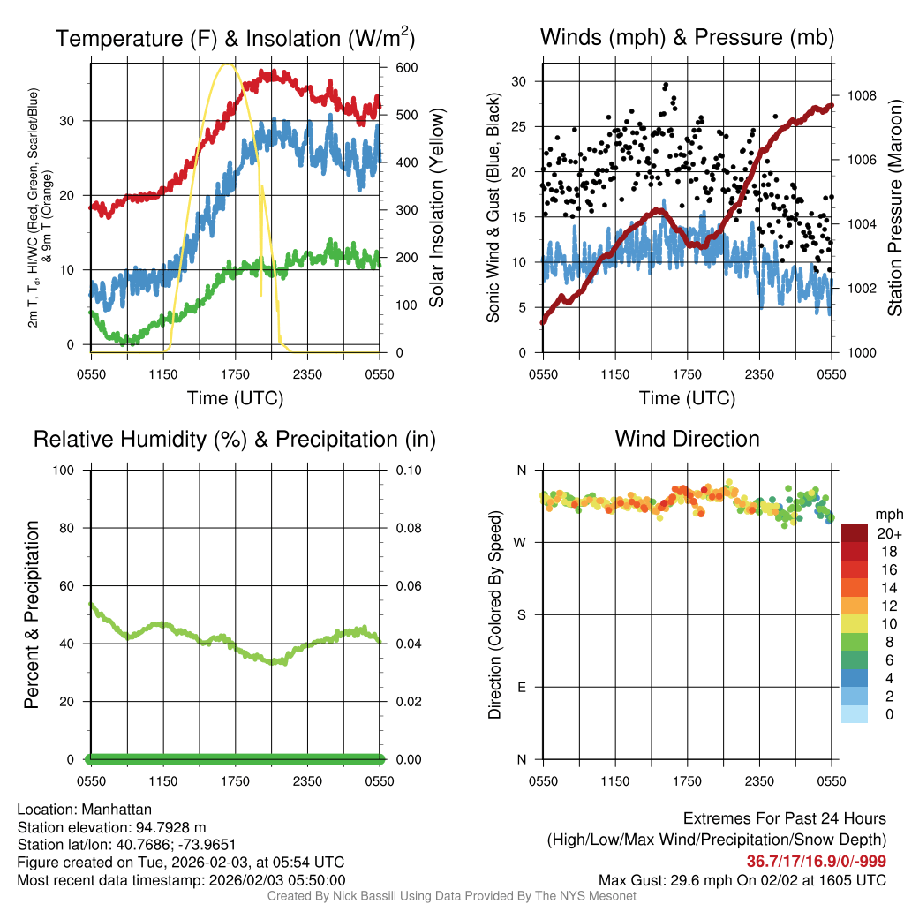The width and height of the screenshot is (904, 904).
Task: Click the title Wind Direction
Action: tap(687, 439)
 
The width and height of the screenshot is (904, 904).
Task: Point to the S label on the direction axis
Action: tap(520, 614)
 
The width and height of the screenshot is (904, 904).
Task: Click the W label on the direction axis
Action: tap(520, 542)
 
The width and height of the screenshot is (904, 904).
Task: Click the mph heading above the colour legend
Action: tap(887, 514)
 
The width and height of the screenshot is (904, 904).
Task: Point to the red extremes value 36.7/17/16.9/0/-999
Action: tap(817, 862)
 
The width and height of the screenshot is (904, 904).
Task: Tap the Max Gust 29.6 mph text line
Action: tap(742, 879)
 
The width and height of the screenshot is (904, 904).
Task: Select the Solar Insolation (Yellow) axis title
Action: tap(436, 207)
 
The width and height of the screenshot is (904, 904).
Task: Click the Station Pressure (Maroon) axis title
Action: tap(894, 207)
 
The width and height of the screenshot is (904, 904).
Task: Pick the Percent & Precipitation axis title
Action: tap(32, 614)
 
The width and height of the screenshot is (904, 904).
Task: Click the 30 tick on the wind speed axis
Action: tap(520, 81)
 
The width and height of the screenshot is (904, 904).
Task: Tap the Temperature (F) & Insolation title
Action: tap(235, 38)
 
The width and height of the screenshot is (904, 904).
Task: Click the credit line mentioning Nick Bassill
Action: tap(451, 896)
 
